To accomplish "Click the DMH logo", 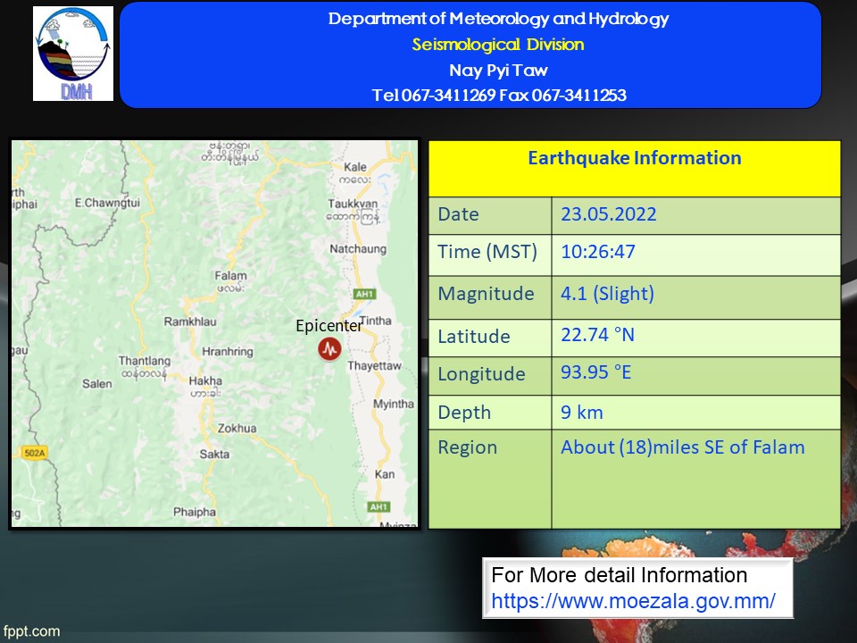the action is (x=73, y=54).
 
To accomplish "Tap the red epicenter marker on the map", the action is (x=329, y=348).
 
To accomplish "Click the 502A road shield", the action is (x=35, y=453).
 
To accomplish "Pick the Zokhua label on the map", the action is (x=237, y=428).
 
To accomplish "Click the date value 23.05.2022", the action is (x=608, y=213).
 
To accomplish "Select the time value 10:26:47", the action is (x=598, y=252).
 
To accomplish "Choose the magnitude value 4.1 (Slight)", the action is (x=607, y=294).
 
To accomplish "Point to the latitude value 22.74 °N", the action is (x=597, y=335).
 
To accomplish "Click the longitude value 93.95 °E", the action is (x=595, y=372).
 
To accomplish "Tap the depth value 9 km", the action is (x=581, y=413).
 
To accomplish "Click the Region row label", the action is (x=467, y=447).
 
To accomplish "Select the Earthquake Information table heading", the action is (x=635, y=158).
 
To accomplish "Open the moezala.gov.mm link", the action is (x=633, y=601).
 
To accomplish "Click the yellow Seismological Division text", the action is (x=498, y=45).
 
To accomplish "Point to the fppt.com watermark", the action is (x=31, y=631).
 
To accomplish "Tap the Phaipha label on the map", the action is (x=195, y=513).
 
